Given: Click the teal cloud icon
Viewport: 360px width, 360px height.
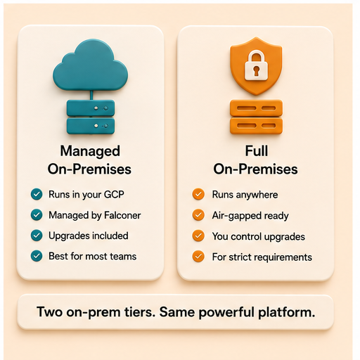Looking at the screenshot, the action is [91, 65].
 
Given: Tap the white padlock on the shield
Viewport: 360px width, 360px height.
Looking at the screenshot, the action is [256, 66].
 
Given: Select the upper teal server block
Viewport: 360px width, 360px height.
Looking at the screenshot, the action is [91, 108].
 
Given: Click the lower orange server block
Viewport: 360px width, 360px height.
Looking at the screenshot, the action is [256, 126].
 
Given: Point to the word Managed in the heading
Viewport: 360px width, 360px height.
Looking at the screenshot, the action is [90, 151].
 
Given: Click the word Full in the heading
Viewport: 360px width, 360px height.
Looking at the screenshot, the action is [257, 150].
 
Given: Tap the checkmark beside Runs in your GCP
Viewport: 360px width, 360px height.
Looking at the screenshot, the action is [37, 194].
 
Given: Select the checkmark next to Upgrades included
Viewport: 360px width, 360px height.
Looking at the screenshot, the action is [37, 236].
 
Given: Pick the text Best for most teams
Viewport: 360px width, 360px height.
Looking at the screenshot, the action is [92, 256].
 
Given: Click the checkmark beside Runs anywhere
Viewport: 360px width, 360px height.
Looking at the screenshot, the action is [198, 194].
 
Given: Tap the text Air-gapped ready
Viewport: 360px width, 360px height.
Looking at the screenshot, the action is [250, 216].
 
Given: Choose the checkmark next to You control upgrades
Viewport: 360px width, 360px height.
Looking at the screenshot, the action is [198, 236].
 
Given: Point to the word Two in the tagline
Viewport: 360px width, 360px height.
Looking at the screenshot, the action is [50, 312].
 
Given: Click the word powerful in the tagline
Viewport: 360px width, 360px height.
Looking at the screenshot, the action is [226, 313].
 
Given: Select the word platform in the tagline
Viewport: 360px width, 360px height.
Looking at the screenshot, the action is [287, 313].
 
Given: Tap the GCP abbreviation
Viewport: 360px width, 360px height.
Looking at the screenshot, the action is [114, 194].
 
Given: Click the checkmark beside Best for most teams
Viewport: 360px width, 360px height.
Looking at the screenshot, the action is [37, 256].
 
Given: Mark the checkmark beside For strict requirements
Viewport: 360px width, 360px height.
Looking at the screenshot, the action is [198, 256].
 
